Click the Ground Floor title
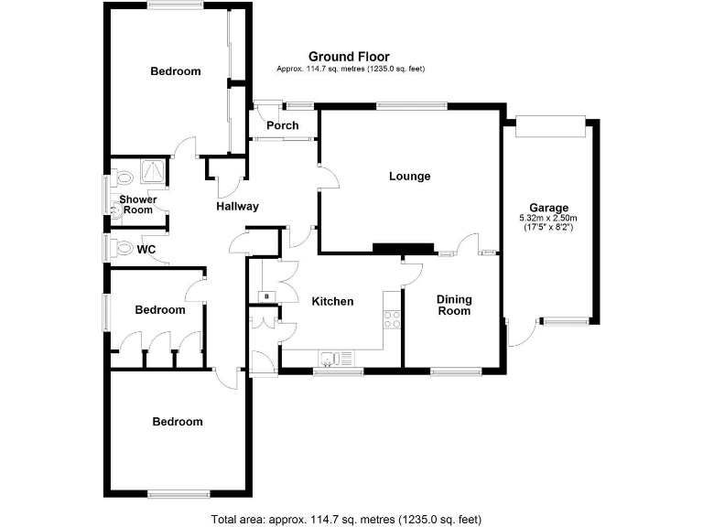[x=349, y=57]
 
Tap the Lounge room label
[x=409, y=177]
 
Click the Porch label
[x=283, y=125]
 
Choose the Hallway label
[x=237, y=207]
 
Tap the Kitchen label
[x=332, y=301]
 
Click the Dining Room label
[x=453, y=305]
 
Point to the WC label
[x=146, y=248]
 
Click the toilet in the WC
[x=120, y=247]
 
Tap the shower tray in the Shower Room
[x=152, y=171]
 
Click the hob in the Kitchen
[x=391, y=319]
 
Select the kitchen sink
[x=335, y=358]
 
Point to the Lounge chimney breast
[x=402, y=247]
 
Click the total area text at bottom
[x=346, y=519]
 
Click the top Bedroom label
[x=176, y=71]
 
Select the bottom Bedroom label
[x=178, y=422]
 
